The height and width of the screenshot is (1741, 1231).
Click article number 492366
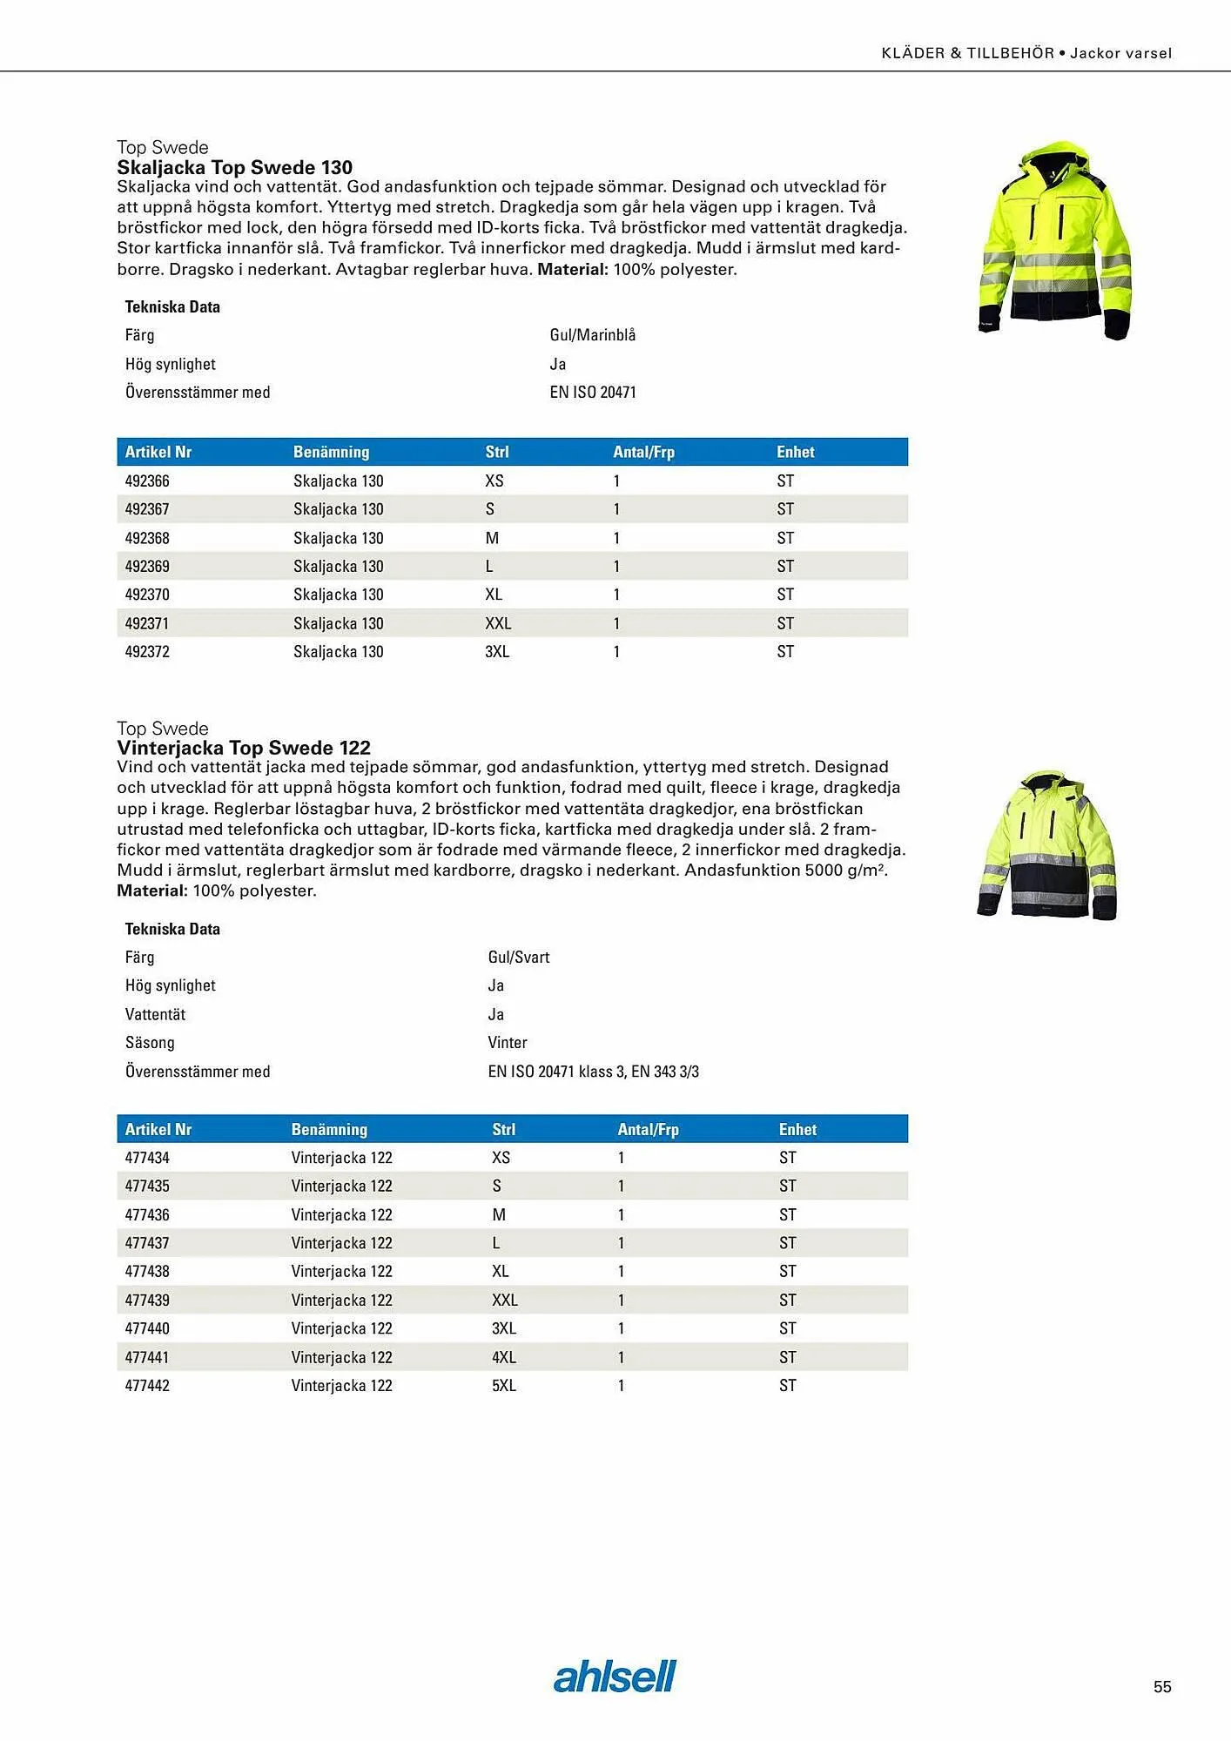click(147, 481)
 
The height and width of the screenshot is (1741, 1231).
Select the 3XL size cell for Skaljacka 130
click(497, 651)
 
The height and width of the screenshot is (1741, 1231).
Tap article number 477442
click(147, 1385)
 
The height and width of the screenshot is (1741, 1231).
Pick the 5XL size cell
click(504, 1385)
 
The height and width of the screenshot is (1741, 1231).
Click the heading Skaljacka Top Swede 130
click(235, 167)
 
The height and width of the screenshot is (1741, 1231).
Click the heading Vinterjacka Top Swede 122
click(244, 748)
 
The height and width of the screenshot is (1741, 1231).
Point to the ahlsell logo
click(615, 1677)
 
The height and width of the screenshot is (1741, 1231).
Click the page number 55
click(1162, 1687)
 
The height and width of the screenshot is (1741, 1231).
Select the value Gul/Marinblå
click(593, 335)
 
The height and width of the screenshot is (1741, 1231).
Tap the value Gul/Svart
click(519, 958)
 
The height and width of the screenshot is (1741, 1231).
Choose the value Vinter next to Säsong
click(508, 1043)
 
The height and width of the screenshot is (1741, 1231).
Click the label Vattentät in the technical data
click(155, 1014)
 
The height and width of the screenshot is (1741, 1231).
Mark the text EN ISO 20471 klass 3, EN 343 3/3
click(593, 1072)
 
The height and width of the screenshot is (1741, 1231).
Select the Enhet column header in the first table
click(796, 452)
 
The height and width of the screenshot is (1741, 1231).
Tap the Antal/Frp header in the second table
click(648, 1129)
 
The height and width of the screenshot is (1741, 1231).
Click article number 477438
click(147, 1271)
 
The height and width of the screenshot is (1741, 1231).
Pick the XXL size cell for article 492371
click(498, 623)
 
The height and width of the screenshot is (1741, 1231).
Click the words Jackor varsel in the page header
click(1120, 53)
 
